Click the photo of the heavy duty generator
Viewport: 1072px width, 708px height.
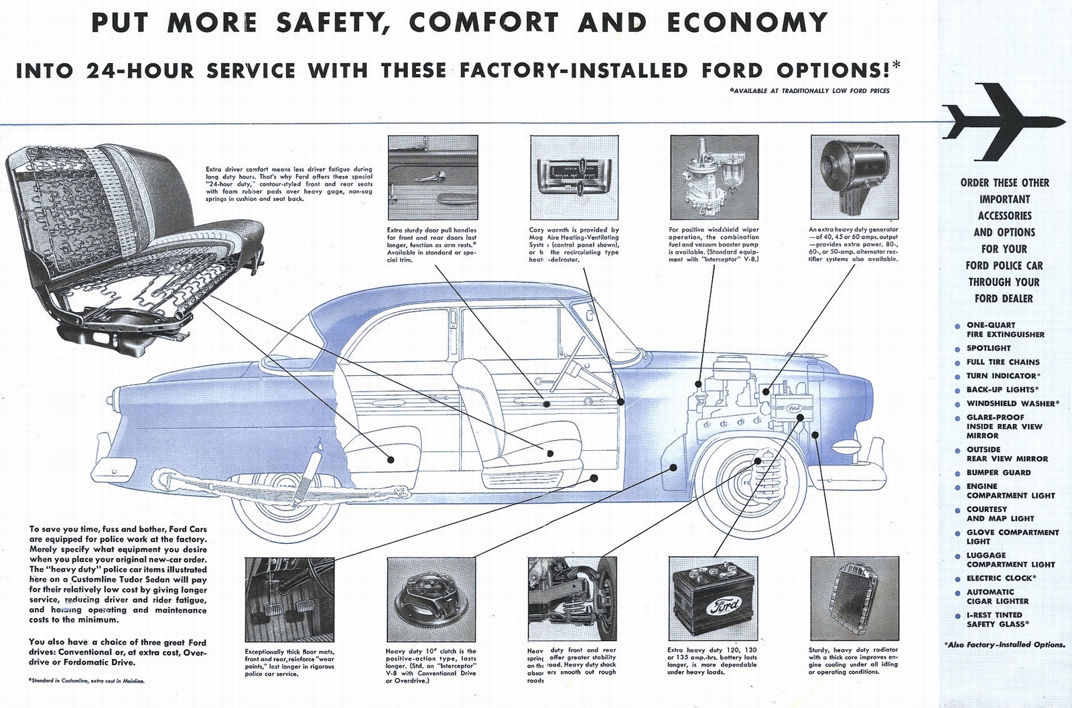[x=854, y=177]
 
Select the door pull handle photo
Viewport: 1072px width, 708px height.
[x=432, y=177]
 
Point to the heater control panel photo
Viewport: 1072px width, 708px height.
[x=574, y=177]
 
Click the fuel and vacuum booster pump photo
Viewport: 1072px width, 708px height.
[x=714, y=177]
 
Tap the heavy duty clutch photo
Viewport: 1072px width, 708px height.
[x=432, y=599]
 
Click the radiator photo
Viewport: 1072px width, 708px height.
[x=854, y=599]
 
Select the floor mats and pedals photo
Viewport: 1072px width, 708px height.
[x=289, y=599]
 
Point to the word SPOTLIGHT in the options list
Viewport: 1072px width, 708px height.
[x=988, y=348]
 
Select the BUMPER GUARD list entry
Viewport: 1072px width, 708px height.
[x=998, y=472]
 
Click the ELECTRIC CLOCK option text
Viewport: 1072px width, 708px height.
[x=1000, y=578]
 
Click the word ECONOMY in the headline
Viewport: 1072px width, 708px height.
[x=746, y=23]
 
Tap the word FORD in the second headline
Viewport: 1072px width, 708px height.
[x=733, y=70]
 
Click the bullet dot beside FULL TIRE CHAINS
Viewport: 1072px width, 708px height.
[x=957, y=363]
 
